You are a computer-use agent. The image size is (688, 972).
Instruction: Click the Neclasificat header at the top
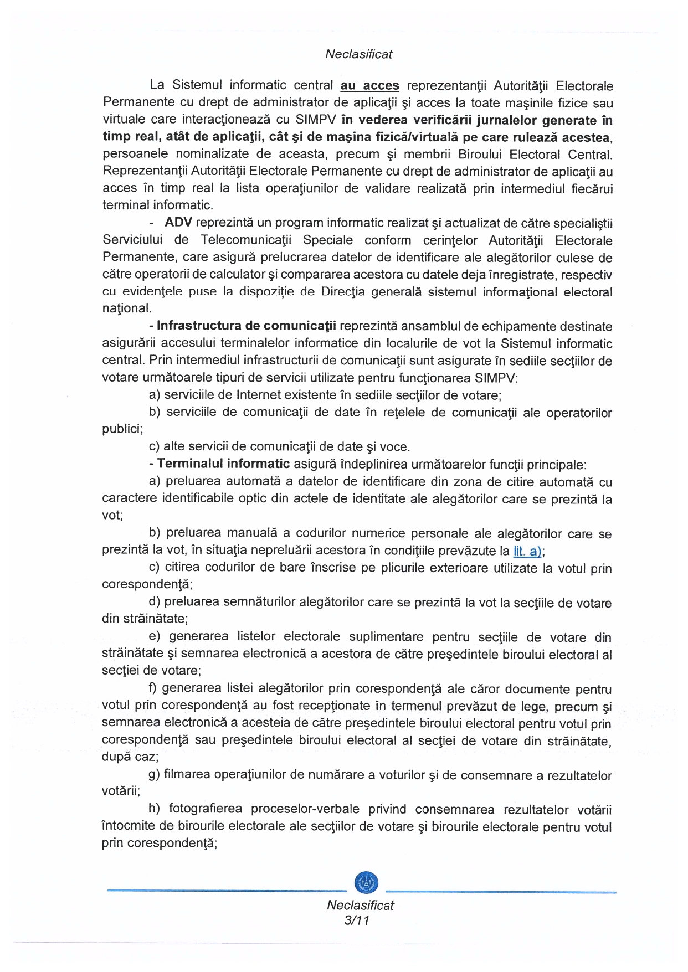pos(358,54)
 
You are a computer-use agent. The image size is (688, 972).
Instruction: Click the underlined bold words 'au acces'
pos(369,86)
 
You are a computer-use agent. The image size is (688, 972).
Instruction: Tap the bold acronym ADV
pos(178,223)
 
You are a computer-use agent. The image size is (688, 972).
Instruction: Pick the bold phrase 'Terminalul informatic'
pos(224,464)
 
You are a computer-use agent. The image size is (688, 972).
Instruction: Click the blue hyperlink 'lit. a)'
pos(528,551)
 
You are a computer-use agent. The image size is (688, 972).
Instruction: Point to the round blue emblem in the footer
pos(366,882)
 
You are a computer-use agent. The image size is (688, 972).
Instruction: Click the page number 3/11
pos(356,920)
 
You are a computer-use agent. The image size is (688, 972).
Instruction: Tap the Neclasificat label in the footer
pos(360,905)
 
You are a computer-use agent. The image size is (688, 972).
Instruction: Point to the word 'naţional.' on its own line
pos(127,308)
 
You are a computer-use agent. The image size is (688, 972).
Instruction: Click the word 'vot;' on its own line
pos(112,516)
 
